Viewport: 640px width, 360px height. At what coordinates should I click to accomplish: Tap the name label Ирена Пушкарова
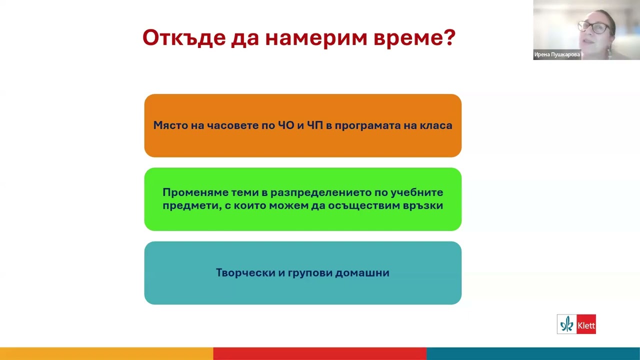pyautogui.click(x=557, y=55)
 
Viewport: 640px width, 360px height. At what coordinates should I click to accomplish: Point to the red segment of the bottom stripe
pyautogui.click(x=320, y=353)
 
